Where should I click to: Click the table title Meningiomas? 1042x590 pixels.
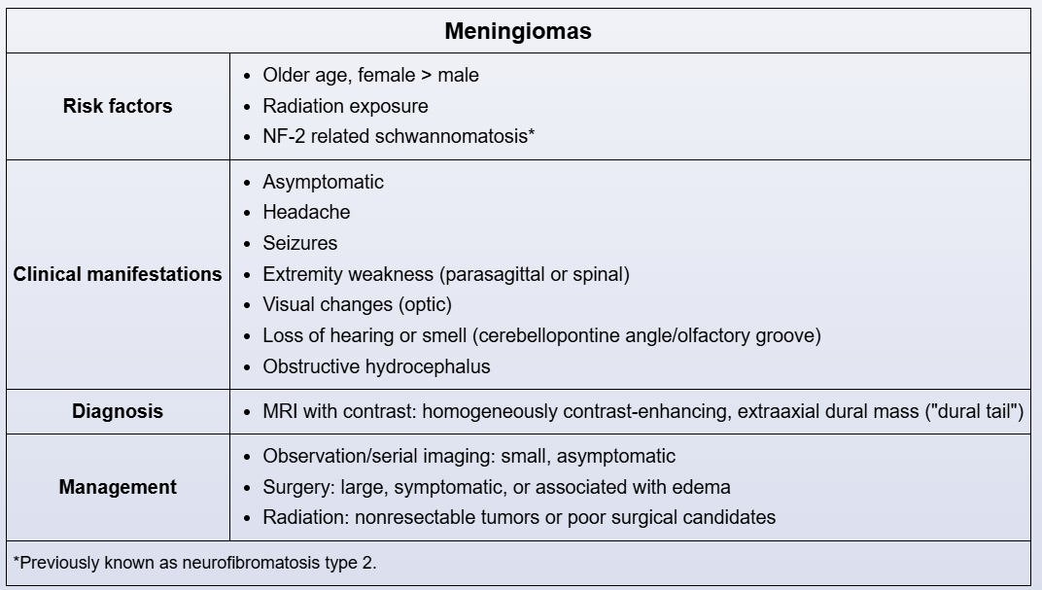click(x=518, y=31)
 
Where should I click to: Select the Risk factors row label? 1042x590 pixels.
click(x=118, y=106)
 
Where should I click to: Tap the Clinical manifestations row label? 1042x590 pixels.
click(x=118, y=274)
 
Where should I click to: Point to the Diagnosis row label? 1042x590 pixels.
click(x=118, y=411)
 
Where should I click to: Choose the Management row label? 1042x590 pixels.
click(x=118, y=487)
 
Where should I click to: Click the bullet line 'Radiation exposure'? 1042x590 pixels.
click(x=345, y=106)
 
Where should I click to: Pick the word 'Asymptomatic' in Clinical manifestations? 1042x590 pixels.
click(x=323, y=182)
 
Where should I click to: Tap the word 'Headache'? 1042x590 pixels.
click(x=306, y=212)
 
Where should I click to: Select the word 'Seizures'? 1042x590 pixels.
click(x=300, y=243)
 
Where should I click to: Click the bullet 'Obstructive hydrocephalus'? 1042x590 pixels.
click(x=376, y=366)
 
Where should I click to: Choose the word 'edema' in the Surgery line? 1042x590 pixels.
click(x=704, y=487)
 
